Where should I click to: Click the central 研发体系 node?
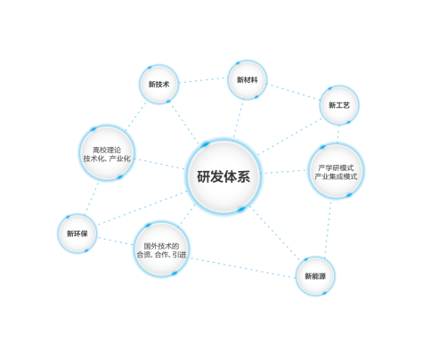[223, 176]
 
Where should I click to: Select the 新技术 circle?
[159, 84]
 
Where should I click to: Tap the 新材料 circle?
[248, 79]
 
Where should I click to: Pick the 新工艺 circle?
[339, 105]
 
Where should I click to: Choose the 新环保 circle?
[77, 233]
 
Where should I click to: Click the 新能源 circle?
[315, 276]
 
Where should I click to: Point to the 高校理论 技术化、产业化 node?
[107, 153]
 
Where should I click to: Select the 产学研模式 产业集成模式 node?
[336, 171]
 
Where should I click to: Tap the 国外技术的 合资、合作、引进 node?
[161, 250]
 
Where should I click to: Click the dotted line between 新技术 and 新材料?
[203, 80]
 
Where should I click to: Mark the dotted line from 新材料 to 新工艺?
[293, 92]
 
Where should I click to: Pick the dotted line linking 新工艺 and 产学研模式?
[338, 134]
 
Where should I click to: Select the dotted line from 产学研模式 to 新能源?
[328, 228]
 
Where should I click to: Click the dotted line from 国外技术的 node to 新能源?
[242, 268]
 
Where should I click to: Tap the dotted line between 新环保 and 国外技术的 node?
[115, 241]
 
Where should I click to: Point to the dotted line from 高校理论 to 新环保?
[91, 198]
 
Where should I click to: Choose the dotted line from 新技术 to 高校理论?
[135, 117]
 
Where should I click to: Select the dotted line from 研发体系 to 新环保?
[142, 208]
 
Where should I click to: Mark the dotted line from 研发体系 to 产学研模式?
[285, 172]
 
